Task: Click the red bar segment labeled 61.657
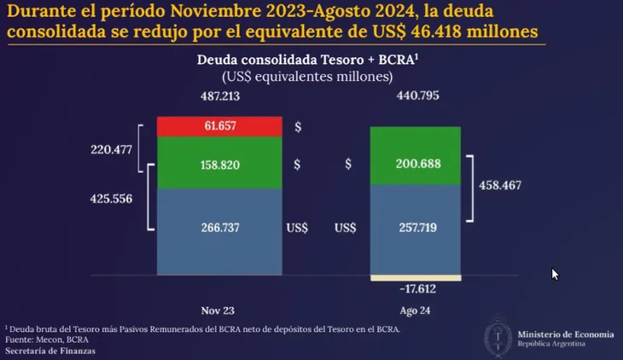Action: tap(220, 126)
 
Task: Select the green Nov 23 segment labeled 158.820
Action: tap(220, 163)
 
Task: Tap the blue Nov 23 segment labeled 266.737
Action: tap(220, 229)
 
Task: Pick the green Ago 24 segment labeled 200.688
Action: tap(416, 163)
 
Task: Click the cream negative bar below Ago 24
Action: tap(416, 278)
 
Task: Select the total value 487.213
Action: tap(220, 96)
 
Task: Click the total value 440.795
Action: tap(416, 96)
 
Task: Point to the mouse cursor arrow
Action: tap(555, 274)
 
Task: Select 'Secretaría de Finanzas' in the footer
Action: tap(50, 351)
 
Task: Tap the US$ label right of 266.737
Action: tap(298, 229)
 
